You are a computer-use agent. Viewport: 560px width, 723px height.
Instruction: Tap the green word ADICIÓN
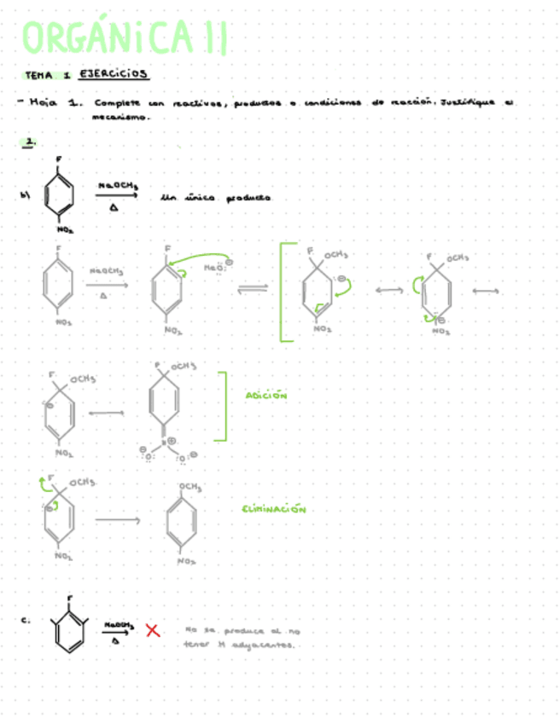pyautogui.click(x=265, y=396)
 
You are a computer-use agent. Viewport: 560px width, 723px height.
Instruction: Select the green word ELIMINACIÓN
pyautogui.click(x=273, y=509)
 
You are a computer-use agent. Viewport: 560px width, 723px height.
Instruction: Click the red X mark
pyautogui.click(x=153, y=631)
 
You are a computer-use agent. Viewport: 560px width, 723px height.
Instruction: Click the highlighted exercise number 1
pyautogui.click(x=29, y=144)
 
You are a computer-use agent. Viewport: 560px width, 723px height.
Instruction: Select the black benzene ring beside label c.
pyautogui.click(x=72, y=633)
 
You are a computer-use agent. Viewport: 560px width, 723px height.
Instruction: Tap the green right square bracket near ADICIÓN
pyautogui.click(x=224, y=406)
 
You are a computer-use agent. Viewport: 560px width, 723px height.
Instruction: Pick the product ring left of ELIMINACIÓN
pyautogui.click(x=184, y=521)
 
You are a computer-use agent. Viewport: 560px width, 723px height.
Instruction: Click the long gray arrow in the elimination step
pyautogui.click(x=117, y=519)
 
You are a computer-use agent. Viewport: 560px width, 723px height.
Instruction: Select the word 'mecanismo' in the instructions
pyautogui.click(x=121, y=119)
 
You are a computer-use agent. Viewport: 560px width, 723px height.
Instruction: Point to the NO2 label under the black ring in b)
pyautogui.click(x=65, y=229)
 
